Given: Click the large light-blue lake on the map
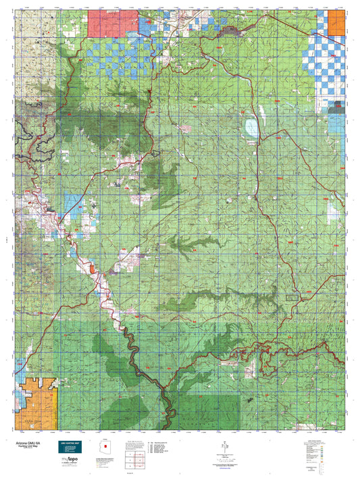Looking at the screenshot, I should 252,126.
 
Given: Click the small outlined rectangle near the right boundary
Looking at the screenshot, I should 292,298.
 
